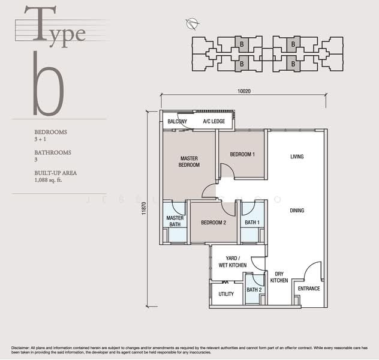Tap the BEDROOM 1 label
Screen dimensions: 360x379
(x=242, y=154)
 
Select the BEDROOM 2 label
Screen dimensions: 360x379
(x=213, y=223)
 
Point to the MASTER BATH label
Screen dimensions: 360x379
(x=175, y=221)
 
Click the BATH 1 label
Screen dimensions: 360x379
(x=252, y=223)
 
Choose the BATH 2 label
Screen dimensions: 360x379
(x=254, y=290)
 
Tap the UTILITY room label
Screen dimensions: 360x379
(x=226, y=294)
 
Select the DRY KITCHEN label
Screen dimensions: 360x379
(x=278, y=277)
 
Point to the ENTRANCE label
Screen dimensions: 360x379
(x=309, y=289)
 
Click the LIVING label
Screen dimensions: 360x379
(x=297, y=157)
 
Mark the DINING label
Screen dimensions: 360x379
(x=297, y=211)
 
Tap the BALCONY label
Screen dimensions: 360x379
(x=177, y=121)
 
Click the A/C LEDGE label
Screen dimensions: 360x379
(x=214, y=121)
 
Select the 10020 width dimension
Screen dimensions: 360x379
(x=243, y=91)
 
